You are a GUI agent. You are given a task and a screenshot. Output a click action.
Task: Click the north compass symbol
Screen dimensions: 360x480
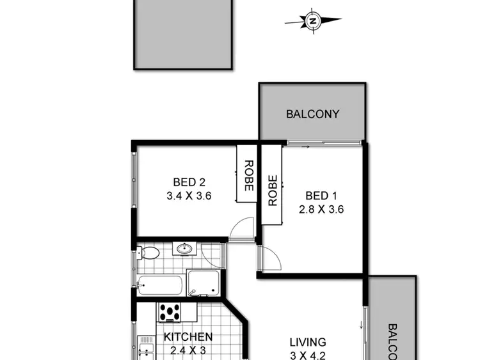tap(313, 20)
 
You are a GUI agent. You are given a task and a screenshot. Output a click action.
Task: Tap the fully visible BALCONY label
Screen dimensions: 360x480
tap(312, 114)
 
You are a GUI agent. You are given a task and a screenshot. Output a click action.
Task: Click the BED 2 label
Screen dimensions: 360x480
tap(189, 181)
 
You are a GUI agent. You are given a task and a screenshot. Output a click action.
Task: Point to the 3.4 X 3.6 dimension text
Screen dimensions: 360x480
tap(189, 196)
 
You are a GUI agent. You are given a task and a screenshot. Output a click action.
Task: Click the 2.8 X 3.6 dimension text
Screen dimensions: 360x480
tap(321, 209)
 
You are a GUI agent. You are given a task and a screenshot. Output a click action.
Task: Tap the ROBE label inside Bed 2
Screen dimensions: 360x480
tap(248, 175)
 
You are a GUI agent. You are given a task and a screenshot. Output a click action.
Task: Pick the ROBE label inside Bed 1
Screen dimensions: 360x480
tap(272, 191)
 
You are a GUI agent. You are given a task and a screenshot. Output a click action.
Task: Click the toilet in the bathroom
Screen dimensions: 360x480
tap(148, 253)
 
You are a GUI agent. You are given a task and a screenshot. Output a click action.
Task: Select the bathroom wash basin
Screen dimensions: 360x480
tap(184, 249)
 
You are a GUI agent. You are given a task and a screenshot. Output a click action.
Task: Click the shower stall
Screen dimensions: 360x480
tap(204, 282)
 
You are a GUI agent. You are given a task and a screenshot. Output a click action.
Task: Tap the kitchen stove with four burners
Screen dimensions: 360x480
tap(170, 312)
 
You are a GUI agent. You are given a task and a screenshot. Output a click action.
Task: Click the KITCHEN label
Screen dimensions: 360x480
tap(188, 336)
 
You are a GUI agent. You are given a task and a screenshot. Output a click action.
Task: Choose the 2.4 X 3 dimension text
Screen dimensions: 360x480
tap(188, 350)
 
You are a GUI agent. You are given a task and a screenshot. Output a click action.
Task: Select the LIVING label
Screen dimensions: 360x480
tap(307, 343)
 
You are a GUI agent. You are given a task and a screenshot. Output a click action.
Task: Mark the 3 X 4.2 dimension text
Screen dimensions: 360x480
tap(307, 355)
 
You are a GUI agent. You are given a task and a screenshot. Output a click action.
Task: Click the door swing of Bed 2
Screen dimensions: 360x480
tap(242, 229)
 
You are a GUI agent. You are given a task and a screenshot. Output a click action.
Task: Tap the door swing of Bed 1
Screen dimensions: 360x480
tap(269, 258)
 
